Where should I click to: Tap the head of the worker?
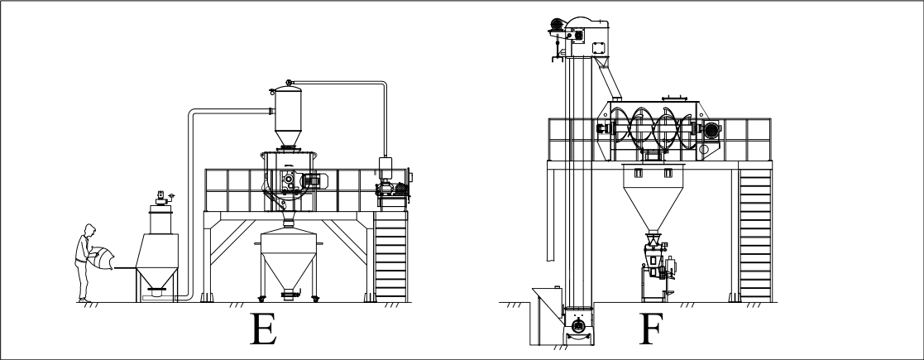[x=89, y=230]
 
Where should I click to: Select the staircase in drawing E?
[x=390, y=257]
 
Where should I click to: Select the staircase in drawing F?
[x=755, y=235]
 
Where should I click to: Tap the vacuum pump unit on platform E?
[x=392, y=185]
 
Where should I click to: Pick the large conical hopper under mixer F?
[x=653, y=197]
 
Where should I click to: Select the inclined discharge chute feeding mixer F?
[x=608, y=78]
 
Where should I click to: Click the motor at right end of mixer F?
[x=712, y=130]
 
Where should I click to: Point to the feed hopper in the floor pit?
[x=547, y=316]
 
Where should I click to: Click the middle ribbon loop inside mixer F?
[x=642, y=127]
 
